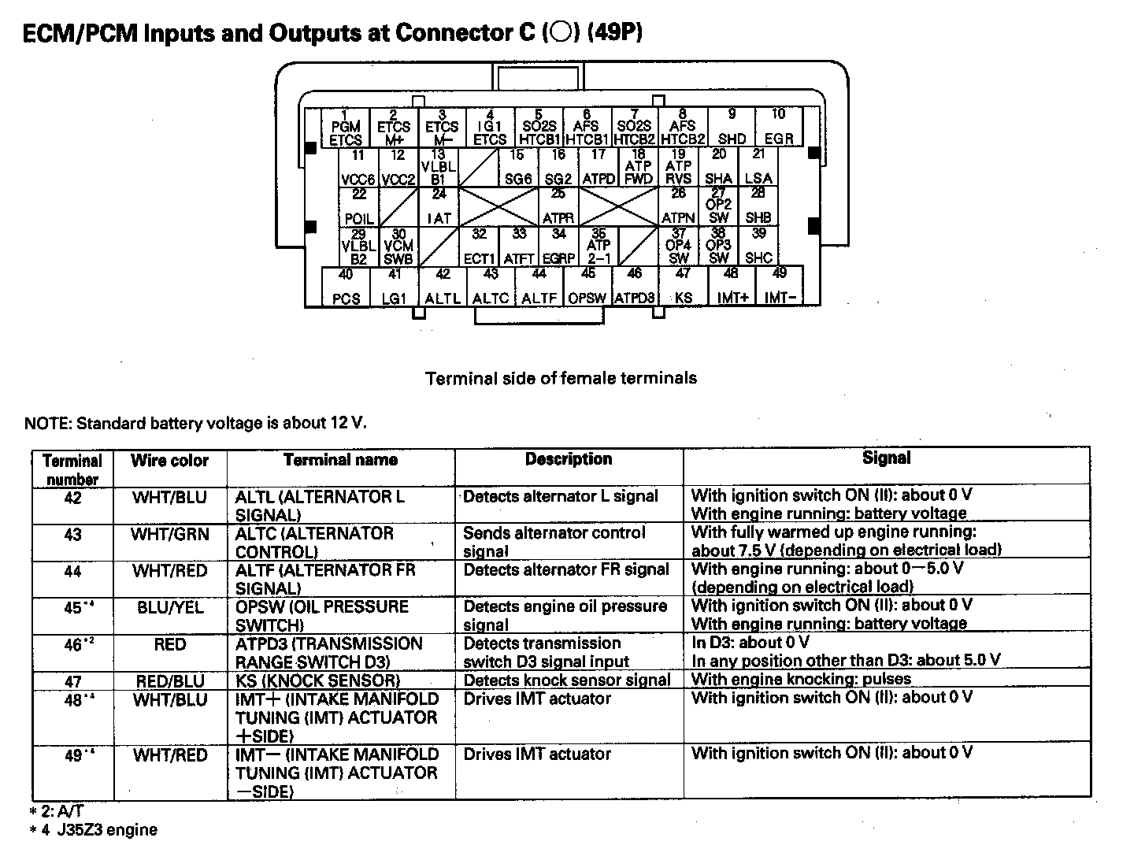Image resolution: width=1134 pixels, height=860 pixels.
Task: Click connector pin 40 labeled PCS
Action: [x=346, y=287]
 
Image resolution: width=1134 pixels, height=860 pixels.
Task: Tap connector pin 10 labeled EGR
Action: [x=779, y=128]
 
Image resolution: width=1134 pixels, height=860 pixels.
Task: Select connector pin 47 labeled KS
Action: [x=683, y=287]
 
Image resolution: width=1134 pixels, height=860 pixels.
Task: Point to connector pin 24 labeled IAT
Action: [x=439, y=206]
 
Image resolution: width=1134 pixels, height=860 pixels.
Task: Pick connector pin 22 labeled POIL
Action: [x=359, y=206]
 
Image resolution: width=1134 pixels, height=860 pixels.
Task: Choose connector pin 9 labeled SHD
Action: [x=732, y=128]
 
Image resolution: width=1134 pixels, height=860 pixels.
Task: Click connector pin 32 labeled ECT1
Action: [x=479, y=246]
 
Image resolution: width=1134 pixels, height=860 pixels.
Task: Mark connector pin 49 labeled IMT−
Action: [x=780, y=287]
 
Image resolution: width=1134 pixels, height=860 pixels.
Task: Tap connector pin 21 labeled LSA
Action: [x=758, y=167]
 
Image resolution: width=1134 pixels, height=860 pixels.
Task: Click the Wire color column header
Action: [x=169, y=461]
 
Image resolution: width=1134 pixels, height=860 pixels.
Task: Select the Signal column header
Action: [x=886, y=458]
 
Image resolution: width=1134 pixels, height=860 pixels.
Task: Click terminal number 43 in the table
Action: [x=72, y=535]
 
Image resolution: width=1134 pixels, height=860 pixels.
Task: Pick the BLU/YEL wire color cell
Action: [x=169, y=607]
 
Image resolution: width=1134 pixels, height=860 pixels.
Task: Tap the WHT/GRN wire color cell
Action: [x=169, y=535]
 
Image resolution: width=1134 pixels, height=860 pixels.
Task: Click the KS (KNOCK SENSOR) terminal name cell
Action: [x=317, y=680]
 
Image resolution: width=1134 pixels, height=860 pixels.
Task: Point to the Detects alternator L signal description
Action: [x=560, y=497]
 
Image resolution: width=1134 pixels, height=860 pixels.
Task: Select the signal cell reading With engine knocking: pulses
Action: [x=801, y=679]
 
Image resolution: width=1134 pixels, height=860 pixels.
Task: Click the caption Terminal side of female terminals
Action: [x=561, y=378]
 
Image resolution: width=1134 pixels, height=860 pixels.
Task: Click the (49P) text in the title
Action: [x=614, y=33]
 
